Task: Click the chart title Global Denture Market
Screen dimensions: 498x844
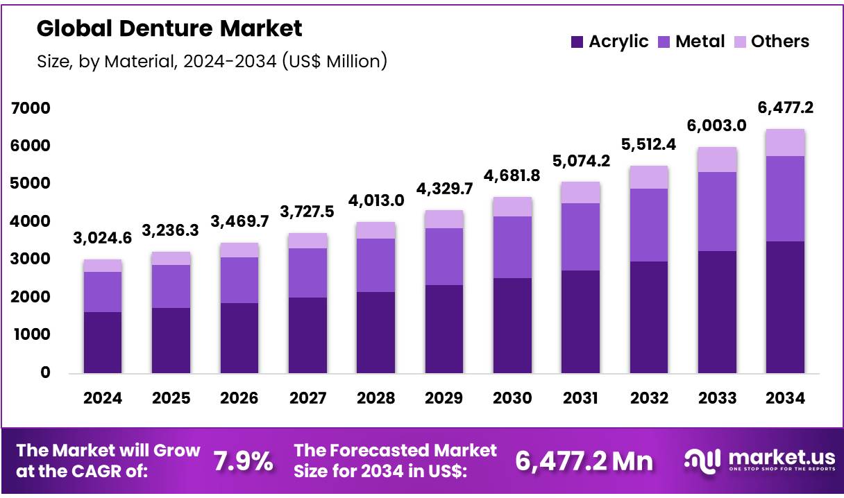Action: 169,28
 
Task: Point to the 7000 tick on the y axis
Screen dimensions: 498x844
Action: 31,108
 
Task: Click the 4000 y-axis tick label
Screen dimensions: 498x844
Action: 31,221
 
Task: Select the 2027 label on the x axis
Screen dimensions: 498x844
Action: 307,398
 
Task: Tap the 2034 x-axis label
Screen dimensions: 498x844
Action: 785,398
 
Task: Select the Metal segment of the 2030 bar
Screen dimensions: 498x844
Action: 512,247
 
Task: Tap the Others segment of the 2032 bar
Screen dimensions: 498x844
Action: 649,177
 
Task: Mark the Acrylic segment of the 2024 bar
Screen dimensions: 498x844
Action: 103,343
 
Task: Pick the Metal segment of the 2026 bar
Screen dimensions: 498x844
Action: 239,280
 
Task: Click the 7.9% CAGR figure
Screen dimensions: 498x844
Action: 243,461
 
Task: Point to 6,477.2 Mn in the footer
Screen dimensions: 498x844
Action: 584,461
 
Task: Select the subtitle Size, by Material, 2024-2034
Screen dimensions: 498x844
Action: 212,61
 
